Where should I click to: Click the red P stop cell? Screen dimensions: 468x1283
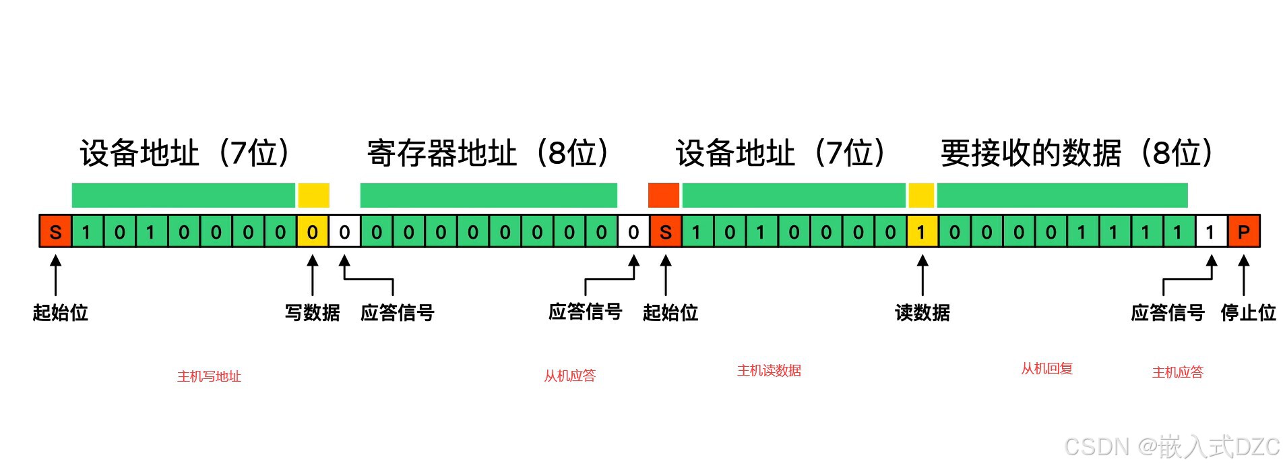point(1243,233)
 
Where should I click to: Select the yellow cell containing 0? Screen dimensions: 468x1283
point(313,233)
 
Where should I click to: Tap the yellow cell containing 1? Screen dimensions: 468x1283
point(922,233)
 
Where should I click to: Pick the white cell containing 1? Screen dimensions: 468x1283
point(1211,233)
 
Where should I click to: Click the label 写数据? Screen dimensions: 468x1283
point(313,313)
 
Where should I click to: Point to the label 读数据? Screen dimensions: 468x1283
point(922,313)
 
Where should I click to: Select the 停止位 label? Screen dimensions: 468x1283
point(1248,313)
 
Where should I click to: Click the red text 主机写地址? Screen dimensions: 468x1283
point(209,376)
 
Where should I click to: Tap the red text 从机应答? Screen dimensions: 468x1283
point(570,376)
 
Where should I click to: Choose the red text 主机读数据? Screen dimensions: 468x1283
point(769,370)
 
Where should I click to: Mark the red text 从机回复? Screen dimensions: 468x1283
point(1046,368)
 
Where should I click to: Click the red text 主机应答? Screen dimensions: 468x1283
point(1177,372)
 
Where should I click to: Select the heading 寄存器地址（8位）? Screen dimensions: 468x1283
point(489,153)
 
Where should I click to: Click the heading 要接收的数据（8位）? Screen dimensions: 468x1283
point(1077,153)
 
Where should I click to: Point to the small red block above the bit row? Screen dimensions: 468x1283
point(663,195)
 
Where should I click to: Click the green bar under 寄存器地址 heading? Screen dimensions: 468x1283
point(489,195)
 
